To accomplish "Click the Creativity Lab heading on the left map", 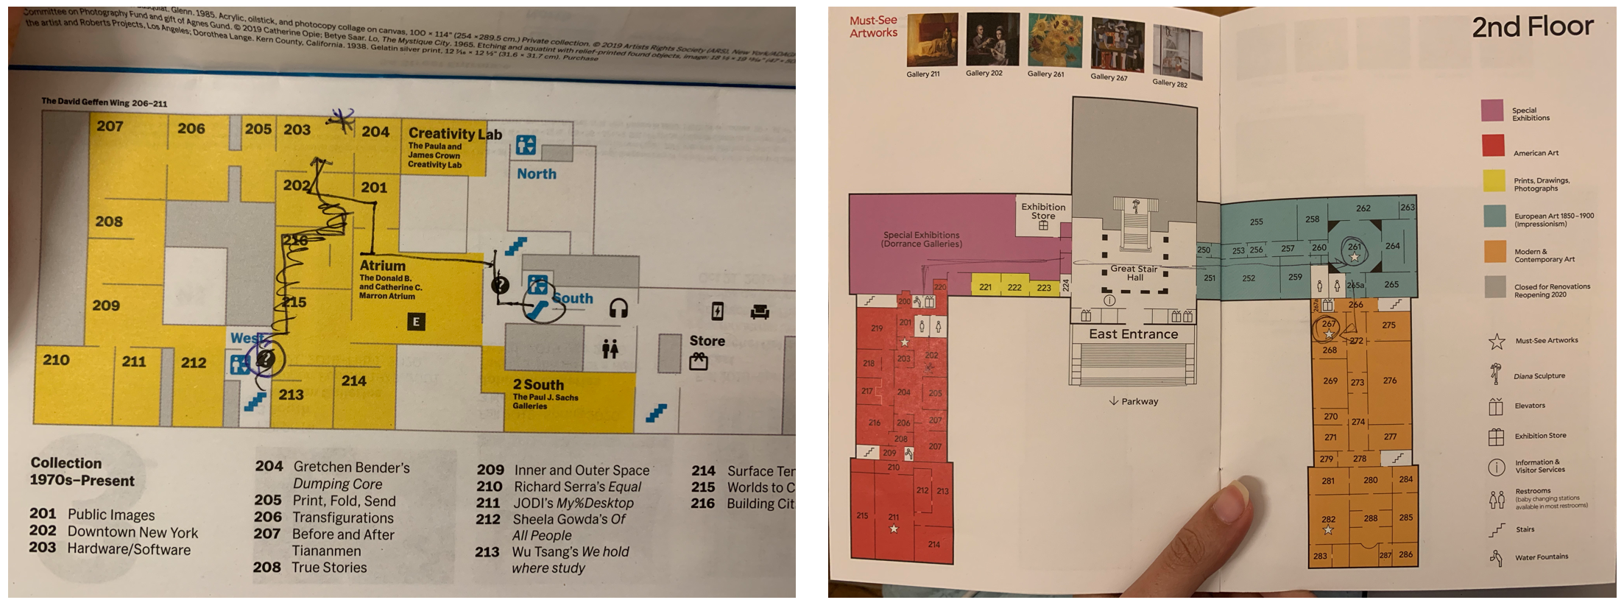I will tap(454, 134).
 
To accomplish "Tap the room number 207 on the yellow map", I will tap(110, 127).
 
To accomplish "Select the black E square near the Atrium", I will tap(416, 322).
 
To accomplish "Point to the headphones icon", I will tap(618, 308).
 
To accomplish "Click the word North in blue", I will tap(537, 174).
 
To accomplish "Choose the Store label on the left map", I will tap(707, 341).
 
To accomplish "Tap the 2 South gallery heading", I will tap(538, 385).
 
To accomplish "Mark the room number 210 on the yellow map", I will tap(56, 360).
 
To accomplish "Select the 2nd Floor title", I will tap(1532, 27).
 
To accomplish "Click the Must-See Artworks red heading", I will tap(873, 27).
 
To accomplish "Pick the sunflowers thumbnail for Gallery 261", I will tap(1054, 40).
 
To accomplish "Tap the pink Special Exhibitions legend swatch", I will tap(1492, 110).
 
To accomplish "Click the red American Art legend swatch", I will tap(1492, 145).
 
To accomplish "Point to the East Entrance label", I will tap(1133, 334).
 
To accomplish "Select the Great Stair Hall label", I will tap(1134, 273).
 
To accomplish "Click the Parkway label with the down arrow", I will tap(1134, 401).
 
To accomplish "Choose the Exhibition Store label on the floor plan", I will tap(1042, 211).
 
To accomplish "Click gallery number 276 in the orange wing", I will tap(1389, 381).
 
